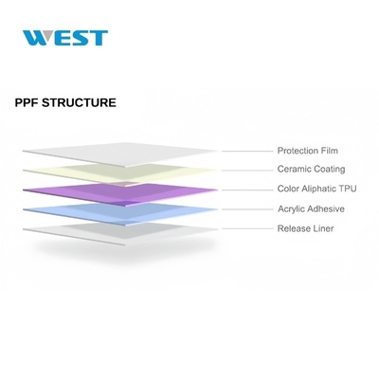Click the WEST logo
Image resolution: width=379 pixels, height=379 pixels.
(65, 38)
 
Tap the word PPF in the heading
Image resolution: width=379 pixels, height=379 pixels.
(27, 102)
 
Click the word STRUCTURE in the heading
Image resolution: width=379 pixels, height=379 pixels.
(79, 102)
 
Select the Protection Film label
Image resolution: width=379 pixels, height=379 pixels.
(308, 151)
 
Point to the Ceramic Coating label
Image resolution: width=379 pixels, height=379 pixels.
(311, 169)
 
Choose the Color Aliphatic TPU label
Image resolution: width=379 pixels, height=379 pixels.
(316, 189)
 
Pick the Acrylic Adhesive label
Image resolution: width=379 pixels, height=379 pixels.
(311, 208)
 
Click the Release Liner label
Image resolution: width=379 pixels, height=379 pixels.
(305, 228)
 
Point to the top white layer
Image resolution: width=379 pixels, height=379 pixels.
(120, 154)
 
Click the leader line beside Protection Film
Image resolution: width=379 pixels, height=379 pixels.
(247, 152)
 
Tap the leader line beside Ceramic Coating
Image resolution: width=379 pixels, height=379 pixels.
(247, 171)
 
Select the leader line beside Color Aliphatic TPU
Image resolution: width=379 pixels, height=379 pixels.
(247, 190)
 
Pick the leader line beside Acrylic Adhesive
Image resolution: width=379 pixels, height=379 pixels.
(247, 209)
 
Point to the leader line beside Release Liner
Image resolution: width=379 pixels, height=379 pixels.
(247, 228)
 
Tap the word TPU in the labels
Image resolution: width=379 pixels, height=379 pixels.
(348, 189)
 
